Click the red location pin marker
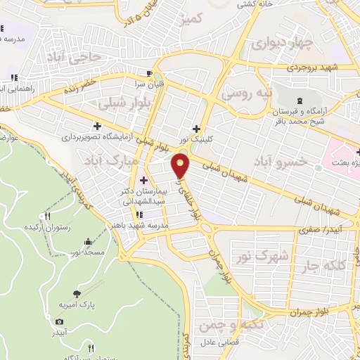[181, 166]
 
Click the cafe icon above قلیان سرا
[148, 72]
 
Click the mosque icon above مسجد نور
[88, 242]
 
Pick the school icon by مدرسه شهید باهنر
[139, 214]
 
